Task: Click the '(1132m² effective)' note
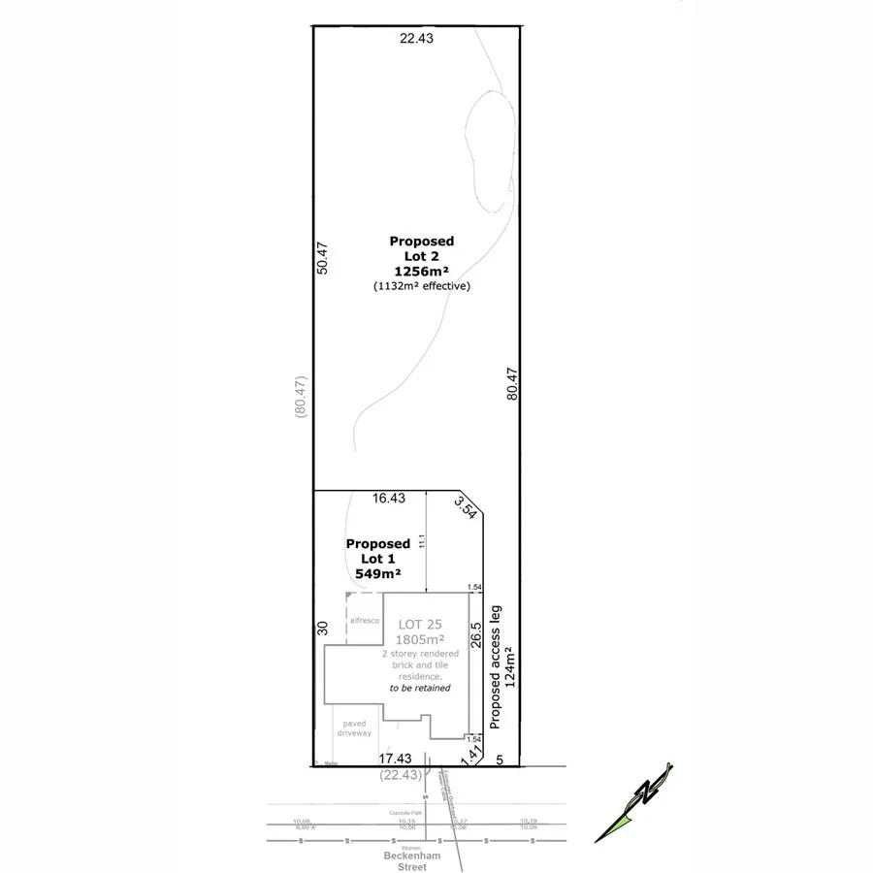[x=421, y=286]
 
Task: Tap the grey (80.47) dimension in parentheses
[x=300, y=396]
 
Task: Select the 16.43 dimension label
[x=388, y=498]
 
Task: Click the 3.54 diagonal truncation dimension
[x=467, y=507]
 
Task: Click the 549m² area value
[x=378, y=573]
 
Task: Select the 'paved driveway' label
[x=354, y=727]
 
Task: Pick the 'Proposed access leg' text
[x=495, y=666]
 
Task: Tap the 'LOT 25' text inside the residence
[x=419, y=624]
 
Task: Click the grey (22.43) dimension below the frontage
[x=399, y=774]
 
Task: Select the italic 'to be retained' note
[x=420, y=688]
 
